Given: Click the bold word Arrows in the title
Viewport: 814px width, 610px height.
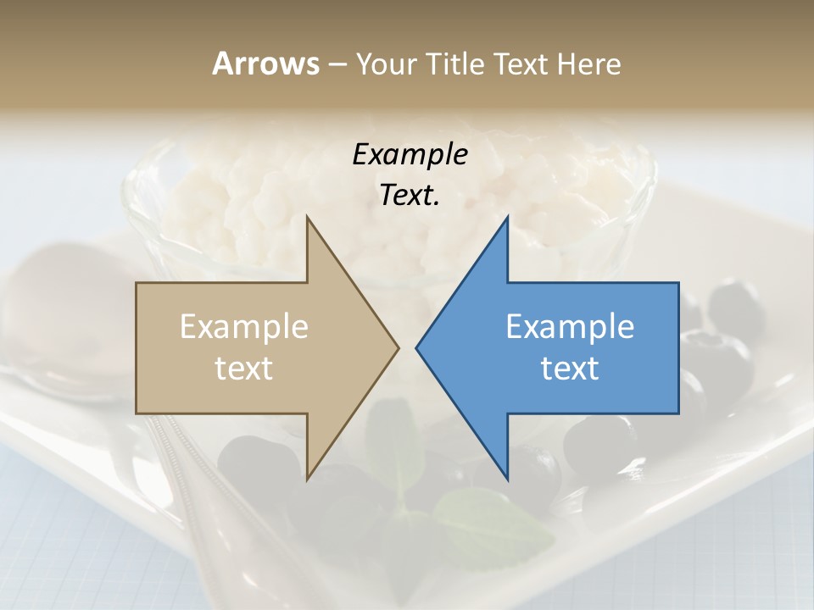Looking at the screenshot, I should tap(265, 64).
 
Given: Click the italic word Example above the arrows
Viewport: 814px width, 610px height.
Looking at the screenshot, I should tap(410, 155).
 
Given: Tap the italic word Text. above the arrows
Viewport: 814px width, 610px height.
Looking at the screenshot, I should tap(410, 196).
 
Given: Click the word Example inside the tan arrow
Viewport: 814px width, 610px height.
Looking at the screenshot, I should tap(244, 327).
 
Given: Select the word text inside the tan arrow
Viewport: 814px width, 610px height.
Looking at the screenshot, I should tap(244, 368).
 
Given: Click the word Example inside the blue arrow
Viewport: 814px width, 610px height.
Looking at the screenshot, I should tap(570, 327).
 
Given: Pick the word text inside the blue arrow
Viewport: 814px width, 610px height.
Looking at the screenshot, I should tap(570, 368).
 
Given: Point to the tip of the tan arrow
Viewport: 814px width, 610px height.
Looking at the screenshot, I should tap(399, 347).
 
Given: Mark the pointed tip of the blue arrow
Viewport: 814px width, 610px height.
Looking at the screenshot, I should tap(416, 347).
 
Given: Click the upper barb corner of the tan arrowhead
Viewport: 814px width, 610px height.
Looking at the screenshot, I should tap(307, 217).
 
